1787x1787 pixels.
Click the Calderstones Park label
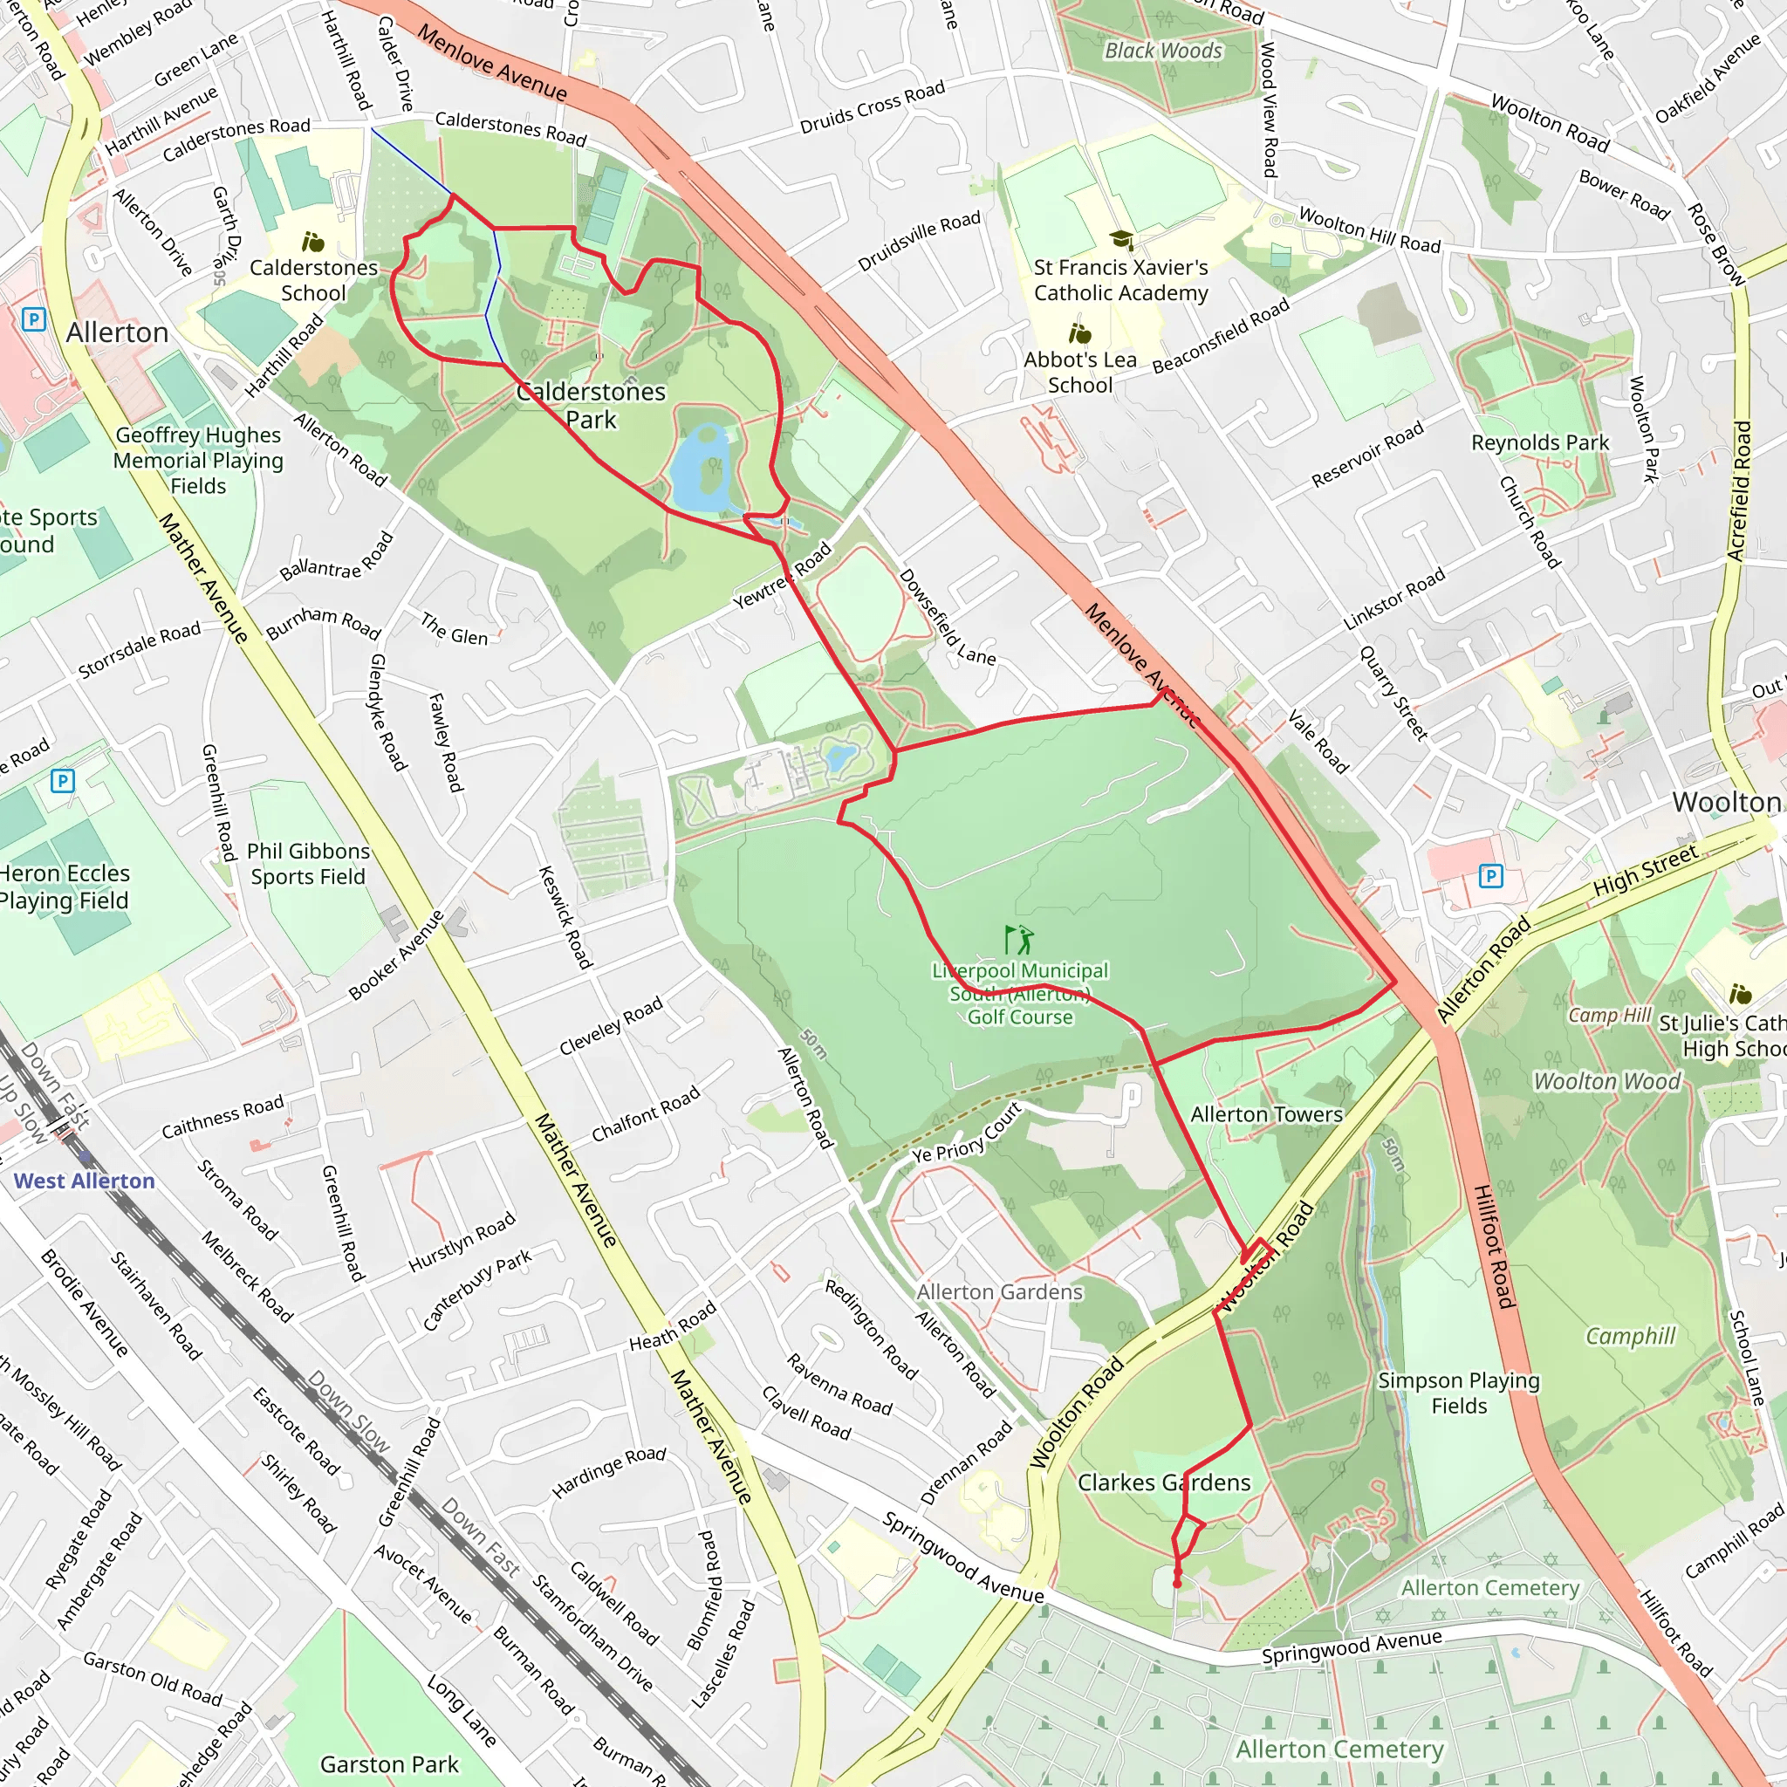(590, 405)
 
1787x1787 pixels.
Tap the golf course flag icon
(1018, 940)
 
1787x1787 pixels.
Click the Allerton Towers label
(1265, 1114)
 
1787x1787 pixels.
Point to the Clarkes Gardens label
(1164, 1482)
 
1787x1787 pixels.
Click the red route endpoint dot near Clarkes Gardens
(1176, 1584)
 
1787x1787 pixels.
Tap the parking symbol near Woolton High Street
(1490, 875)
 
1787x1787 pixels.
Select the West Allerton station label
(84, 1181)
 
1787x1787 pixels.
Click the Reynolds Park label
(1540, 443)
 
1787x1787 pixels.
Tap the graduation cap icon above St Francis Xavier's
(1121, 241)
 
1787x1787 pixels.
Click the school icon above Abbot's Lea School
(1079, 333)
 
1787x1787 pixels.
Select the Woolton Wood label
(1606, 1081)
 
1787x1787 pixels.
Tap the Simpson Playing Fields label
(1459, 1393)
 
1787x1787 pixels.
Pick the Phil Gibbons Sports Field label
(308, 863)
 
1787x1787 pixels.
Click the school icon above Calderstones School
(313, 243)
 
